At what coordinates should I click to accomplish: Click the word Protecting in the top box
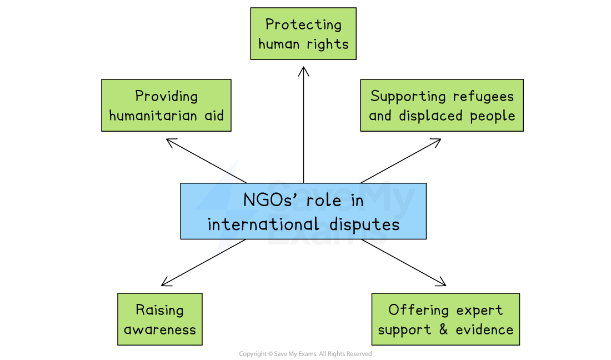tap(303, 24)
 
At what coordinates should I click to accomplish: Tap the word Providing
tap(167, 96)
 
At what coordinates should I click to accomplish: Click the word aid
tap(214, 116)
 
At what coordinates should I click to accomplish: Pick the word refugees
tap(483, 96)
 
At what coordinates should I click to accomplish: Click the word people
tap(493, 116)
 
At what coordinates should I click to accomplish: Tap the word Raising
tap(160, 310)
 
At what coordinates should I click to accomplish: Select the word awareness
tap(160, 329)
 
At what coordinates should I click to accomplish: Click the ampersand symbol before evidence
tap(443, 329)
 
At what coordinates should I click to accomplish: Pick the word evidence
tap(484, 329)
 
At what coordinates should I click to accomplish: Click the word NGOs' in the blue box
tap(269, 200)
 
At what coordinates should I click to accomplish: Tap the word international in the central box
tap(263, 224)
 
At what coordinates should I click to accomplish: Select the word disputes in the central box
tap(364, 224)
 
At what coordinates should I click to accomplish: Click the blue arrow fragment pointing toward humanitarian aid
tap(229, 172)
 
